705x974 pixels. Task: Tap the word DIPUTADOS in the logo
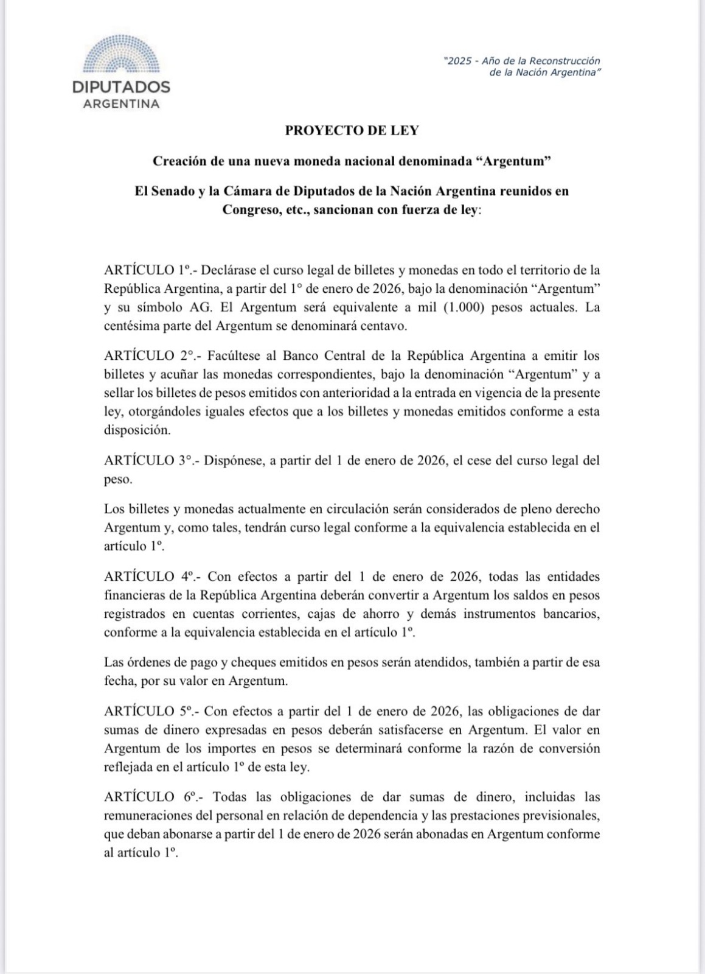(121, 86)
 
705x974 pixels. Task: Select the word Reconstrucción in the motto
(564, 61)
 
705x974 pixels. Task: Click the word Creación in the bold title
(177, 161)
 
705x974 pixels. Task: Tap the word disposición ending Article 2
(135, 430)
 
